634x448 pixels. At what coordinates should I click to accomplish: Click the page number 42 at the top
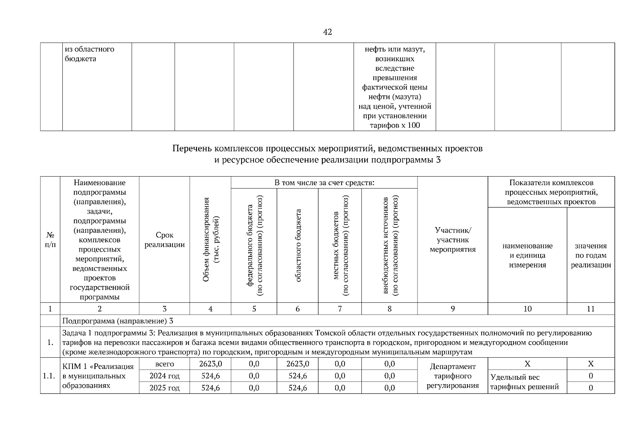coord(327,32)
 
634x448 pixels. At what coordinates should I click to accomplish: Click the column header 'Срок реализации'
coord(164,240)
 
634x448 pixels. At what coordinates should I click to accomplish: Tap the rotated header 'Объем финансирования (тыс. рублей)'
coord(210,239)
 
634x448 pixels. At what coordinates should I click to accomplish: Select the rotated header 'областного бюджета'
coord(298,245)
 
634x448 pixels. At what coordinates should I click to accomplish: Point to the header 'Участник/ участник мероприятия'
coord(453,240)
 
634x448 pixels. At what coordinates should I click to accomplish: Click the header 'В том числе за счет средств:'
coord(324,183)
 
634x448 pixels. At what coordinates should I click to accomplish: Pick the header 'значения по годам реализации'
coord(591,255)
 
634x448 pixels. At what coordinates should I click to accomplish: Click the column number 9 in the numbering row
coord(453,309)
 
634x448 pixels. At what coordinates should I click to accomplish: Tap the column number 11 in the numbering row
coord(591,309)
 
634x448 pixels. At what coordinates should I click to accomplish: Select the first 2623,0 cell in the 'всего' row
coord(211,364)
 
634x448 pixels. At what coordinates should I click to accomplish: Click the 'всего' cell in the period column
coord(164,364)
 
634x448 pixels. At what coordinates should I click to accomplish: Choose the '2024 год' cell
coord(164,376)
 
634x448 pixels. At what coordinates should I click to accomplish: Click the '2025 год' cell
coord(164,388)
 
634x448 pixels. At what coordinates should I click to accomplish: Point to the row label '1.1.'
coord(50,376)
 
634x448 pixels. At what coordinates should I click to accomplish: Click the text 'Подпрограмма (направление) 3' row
coord(118,321)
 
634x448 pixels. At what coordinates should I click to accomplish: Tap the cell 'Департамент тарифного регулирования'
coord(453,376)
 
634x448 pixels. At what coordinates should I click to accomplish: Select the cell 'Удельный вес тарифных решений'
coord(524,382)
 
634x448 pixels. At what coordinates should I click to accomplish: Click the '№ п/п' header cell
coord(50,240)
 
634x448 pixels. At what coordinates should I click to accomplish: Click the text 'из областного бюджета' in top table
coord(90,54)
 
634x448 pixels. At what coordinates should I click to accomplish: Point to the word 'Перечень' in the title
coord(192,149)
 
